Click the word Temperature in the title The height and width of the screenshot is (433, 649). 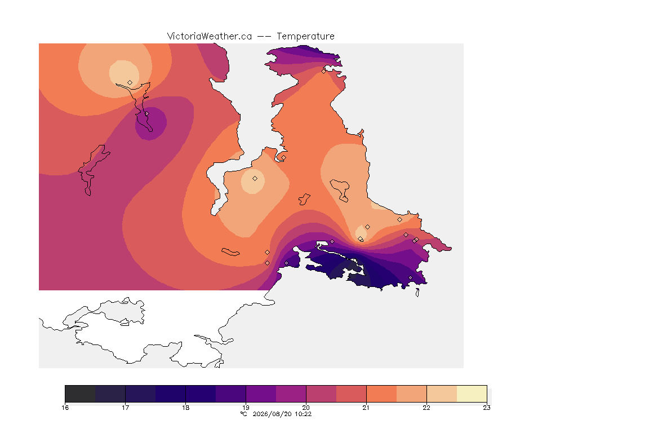305,37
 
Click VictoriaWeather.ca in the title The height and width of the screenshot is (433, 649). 210,37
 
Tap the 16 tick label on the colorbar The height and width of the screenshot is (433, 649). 65,408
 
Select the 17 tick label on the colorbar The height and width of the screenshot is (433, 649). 126,408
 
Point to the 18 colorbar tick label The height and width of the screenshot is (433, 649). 186,408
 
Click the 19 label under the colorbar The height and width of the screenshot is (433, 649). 246,408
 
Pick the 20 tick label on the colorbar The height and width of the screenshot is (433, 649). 306,408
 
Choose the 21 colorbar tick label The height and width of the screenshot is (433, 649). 366,408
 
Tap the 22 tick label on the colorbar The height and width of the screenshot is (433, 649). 426,408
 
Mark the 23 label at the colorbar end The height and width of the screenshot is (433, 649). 487,408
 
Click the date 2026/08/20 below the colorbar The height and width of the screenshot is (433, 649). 272,414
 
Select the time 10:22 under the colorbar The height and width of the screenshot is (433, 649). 303,414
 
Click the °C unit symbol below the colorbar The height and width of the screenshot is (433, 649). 244,414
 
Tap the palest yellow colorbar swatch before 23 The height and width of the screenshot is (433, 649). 472,394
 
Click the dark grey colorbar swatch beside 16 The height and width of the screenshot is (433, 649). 81,394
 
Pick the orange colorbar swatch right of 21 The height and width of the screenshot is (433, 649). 381,394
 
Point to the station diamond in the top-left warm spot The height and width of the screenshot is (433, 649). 130,83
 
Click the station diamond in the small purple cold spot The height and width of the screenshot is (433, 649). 147,113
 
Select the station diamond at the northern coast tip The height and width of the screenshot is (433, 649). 324,71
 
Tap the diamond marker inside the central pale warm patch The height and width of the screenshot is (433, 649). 255,179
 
